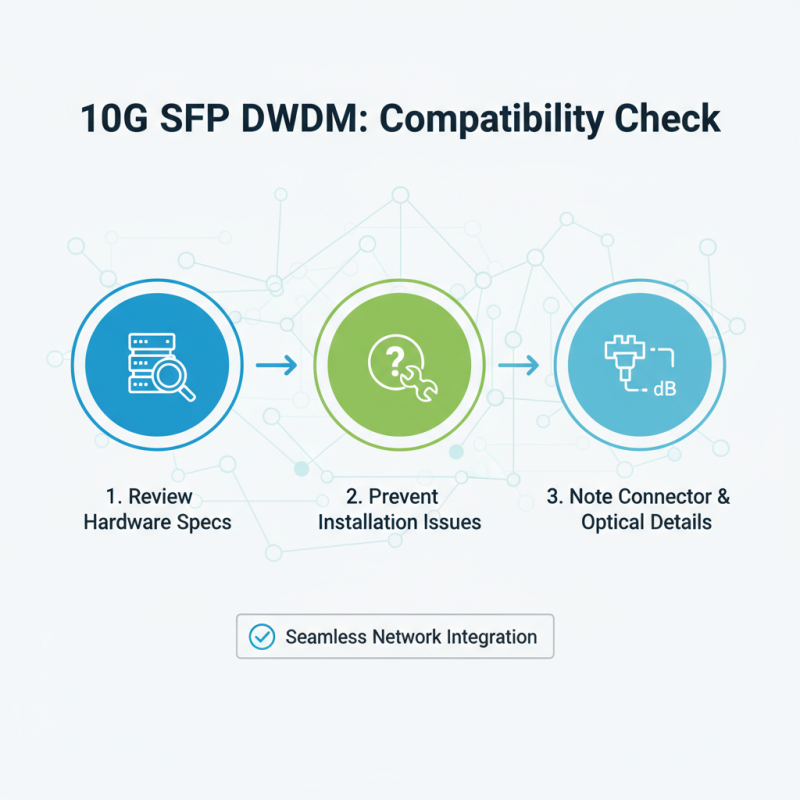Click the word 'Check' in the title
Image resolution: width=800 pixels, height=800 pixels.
tap(670, 118)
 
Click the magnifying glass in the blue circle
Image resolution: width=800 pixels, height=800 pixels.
tap(176, 380)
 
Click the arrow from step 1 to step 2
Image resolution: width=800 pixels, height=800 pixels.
tap(276, 367)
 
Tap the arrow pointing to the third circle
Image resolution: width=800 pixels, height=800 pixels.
tap(518, 367)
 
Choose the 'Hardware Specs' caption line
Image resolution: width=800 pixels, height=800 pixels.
tap(158, 522)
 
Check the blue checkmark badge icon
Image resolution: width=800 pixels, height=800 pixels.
tap(261, 637)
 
